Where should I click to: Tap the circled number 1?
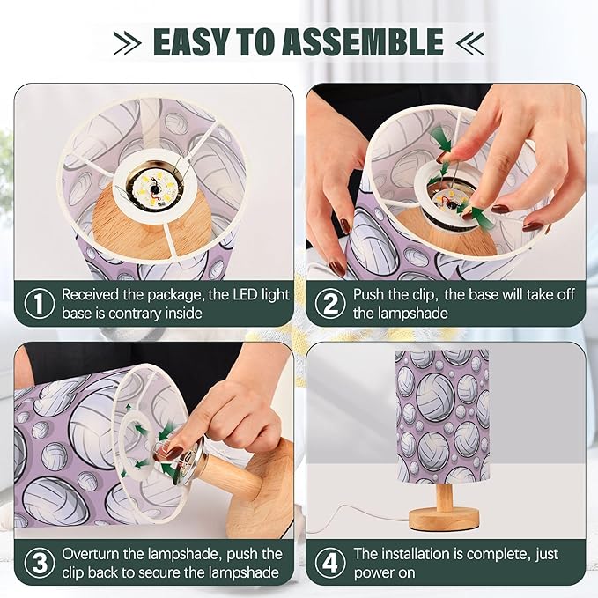click(39, 303)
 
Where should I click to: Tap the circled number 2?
click(330, 303)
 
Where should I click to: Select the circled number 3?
click(39, 563)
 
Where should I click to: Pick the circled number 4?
click(330, 563)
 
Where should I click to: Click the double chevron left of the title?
click(128, 43)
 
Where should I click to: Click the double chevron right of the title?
click(470, 43)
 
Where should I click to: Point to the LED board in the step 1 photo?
click(155, 188)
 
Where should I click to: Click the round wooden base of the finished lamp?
click(444, 520)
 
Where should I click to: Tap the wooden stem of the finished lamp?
click(445, 495)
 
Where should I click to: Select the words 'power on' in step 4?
click(384, 573)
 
